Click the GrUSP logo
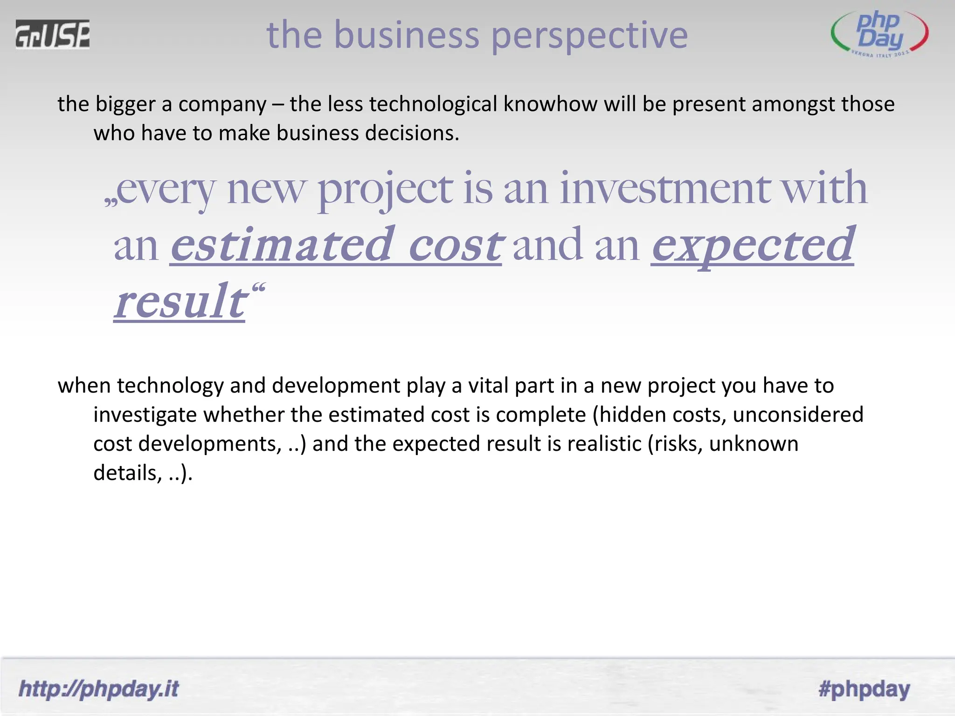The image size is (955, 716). [52, 34]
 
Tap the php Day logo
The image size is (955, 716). [879, 34]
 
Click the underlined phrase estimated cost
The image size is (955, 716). [336, 245]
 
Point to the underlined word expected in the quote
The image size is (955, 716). [753, 245]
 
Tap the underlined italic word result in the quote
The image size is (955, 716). [180, 302]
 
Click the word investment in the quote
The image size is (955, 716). [665, 188]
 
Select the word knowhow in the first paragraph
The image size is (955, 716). [550, 104]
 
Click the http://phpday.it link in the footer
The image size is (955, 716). [99, 688]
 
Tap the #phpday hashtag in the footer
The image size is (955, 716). [864, 688]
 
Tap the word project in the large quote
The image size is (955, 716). [385, 189]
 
